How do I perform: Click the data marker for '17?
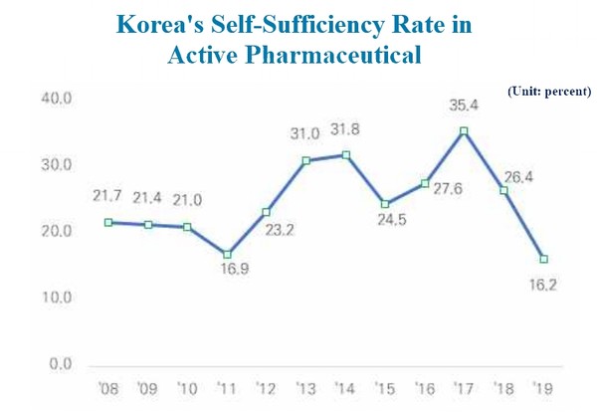pyautogui.click(x=464, y=131)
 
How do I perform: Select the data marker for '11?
pyautogui.click(x=227, y=255)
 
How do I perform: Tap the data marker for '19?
pyautogui.click(x=543, y=259)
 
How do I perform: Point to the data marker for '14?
pyautogui.click(x=345, y=155)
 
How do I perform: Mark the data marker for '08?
pyautogui.click(x=107, y=222)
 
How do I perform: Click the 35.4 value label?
pyautogui.click(x=464, y=103)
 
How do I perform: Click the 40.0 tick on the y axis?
pyautogui.click(x=55, y=98)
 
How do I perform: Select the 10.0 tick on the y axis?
pyautogui.click(x=55, y=298)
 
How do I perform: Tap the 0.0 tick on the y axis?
pyautogui.click(x=59, y=364)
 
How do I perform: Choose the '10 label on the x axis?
pyautogui.click(x=186, y=387)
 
